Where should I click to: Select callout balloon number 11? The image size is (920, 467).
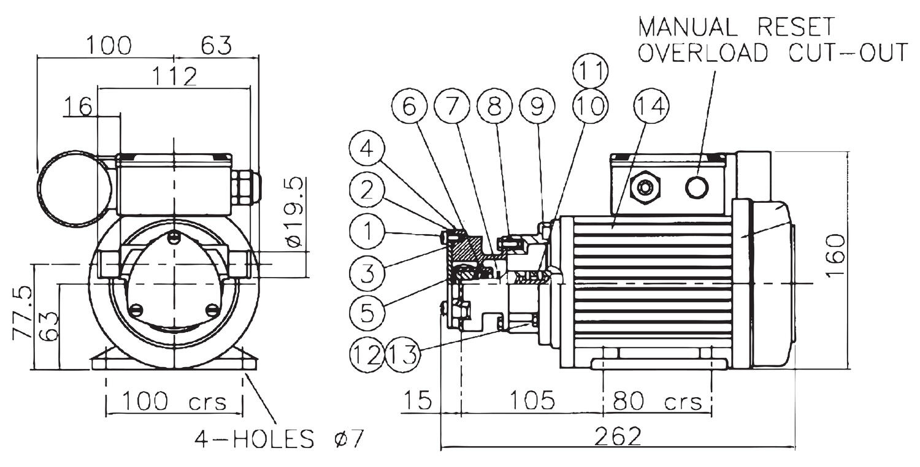[x=590, y=72]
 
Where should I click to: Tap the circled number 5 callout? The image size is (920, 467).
[x=367, y=312]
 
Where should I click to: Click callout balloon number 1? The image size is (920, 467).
[x=367, y=232]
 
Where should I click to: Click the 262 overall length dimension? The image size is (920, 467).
[x=618, y=436]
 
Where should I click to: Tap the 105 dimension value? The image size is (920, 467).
[x=532, y=401]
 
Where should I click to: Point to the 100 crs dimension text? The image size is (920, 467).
[x=174, y=401]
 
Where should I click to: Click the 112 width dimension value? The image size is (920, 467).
[x=174, y=77]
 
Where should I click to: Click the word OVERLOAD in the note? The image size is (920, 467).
[x=702, y=53]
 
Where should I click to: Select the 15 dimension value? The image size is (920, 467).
[x=417, y=401]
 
